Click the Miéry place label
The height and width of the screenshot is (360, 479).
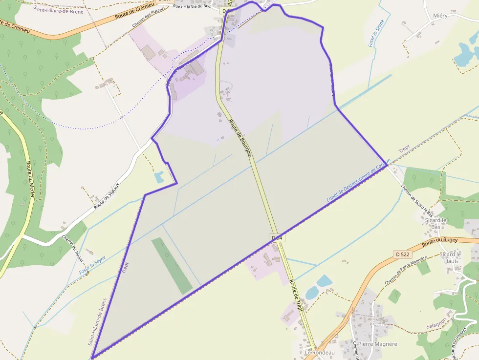click(x=440, y=16)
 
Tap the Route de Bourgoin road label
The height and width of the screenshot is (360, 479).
click(x=241, y=138)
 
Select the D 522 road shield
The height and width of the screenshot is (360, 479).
click(x=402, y=254)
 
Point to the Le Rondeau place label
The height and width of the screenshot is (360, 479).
click(x=320, y=352)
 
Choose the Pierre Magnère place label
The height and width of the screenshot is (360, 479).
click(x=377, y=344)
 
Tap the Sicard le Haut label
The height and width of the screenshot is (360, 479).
click(x=450, y=257)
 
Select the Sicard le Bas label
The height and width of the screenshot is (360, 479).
click(x=435, y=223)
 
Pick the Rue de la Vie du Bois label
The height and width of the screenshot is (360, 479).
click(x=192, y=6)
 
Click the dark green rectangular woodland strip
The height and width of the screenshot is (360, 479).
click(x=172, y=266)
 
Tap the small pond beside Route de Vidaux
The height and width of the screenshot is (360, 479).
click(x=159, y=177)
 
